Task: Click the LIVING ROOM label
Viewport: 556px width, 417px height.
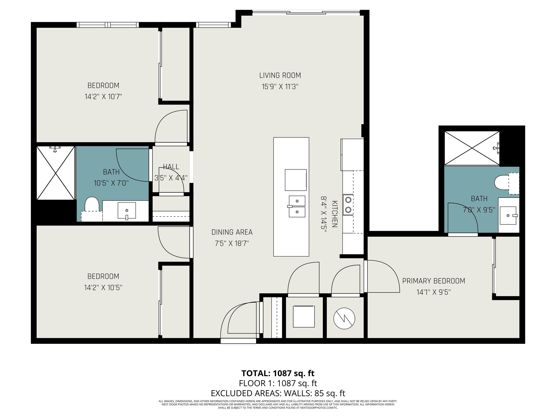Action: [x=280, y=75]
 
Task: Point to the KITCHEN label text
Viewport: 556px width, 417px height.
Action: [x=334, y=214]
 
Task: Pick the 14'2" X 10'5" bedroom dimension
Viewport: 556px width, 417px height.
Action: [x=103, y=287]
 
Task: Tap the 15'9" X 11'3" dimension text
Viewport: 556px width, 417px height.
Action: [x=280, y=87]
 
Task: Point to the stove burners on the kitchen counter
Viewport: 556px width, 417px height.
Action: [x=348, y=205]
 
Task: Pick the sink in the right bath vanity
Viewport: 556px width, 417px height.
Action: [x=508, y=215]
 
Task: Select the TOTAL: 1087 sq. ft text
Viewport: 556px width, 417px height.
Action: [x=278, y=373]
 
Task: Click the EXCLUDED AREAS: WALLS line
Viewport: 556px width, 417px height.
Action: [x=278, y=393]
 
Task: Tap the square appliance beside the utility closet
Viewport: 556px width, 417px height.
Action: [x=304, y=316]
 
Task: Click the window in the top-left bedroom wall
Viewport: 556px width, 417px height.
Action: [x=108, y=25]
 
